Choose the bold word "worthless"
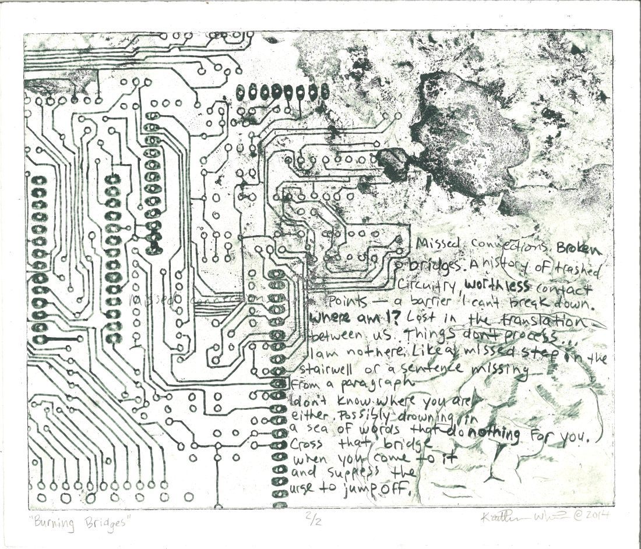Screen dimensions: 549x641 (497, 288)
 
